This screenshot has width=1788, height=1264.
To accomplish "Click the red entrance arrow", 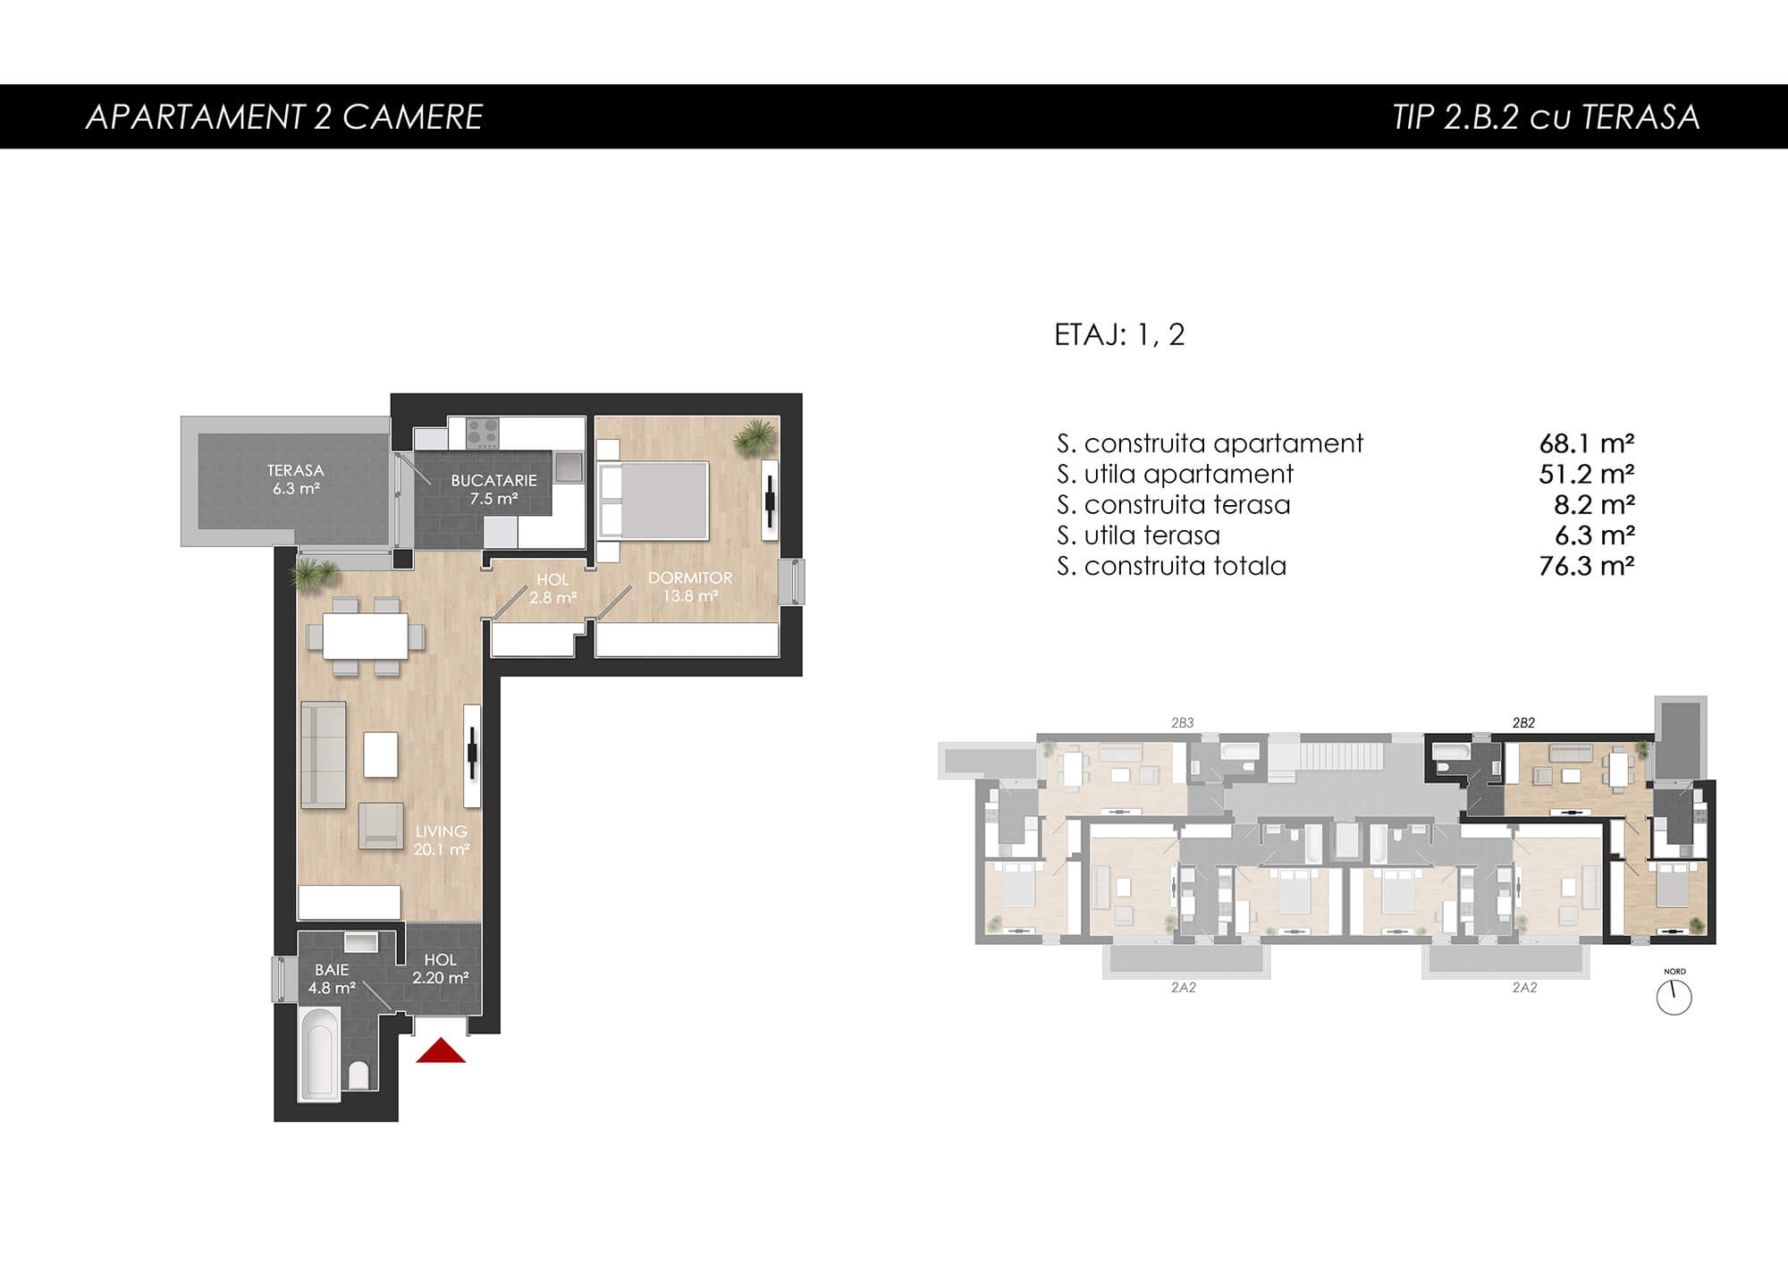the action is pyautogui.click(x=441, y=1051).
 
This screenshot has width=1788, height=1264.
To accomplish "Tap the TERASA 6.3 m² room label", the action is pyautogui.click(x=296, y=479).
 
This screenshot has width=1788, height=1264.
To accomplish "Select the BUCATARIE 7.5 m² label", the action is pyautogui.click(x=493, y=489).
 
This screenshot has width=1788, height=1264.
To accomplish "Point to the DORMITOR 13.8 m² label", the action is pyautogui.click(x=690, y=586).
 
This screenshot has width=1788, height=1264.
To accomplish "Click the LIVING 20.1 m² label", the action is pyautogui.click(x=442, y=840).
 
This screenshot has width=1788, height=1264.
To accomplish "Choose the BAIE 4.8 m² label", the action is pyautogui.click(x=332, y=979).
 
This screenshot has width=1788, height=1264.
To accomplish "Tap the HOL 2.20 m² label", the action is pyautogui.click(x=440, y=968).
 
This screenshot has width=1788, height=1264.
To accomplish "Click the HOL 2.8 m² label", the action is pyautogui.click(x=552, y=588).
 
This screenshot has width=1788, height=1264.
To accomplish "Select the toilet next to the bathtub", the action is pyautogui.click(x=358, y=1074).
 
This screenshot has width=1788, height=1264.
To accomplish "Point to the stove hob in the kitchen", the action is pyautogui.click(x=483, y=433).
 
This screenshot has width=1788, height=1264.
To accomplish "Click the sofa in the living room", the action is pyautogui.click(x=323, y=755).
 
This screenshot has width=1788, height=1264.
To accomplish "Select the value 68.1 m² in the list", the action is pyautogui.click(x=1587, y=443).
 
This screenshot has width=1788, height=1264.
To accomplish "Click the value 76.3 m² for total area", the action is pyautogui.click(x=1587, y=566).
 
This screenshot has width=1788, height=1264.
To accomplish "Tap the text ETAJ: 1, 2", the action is pyautogui.click(x=1119, y=334).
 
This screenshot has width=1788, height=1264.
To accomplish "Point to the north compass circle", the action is pyautogui.click(x=1674, y=997).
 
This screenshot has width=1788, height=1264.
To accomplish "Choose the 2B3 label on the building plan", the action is pyautogui.click(x=1183, y=723).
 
